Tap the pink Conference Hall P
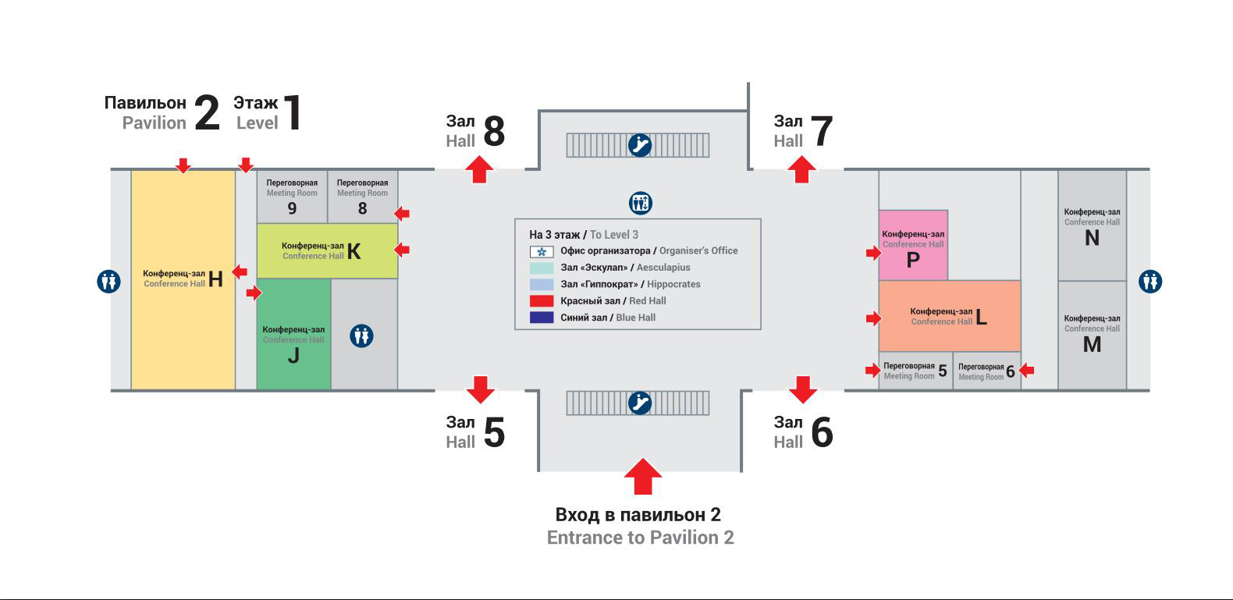[x=913, y=245]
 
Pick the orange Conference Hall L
[x=949, y=316]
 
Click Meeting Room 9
[x=292, y=197]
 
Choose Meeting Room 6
[x=986, y=371]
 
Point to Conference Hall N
[x=1092, y=225]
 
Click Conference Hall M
[x=1092, y=335]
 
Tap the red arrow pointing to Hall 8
[x=479, y=169]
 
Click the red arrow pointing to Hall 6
[x=802, y=389]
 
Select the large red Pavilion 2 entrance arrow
[x=643, y=476]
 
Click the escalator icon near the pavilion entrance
[x=640, y=403]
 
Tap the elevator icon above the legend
[x=641, y=204]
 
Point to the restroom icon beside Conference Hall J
[x=361, y=336]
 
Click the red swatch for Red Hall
[x=542, y=301]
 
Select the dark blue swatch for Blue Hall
[x=542, y=318]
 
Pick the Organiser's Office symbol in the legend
[x=542, y=251]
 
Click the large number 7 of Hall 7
[x=822, y=131]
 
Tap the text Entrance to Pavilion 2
[x=640, y=538]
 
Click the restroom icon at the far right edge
[x=1149, y=281]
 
